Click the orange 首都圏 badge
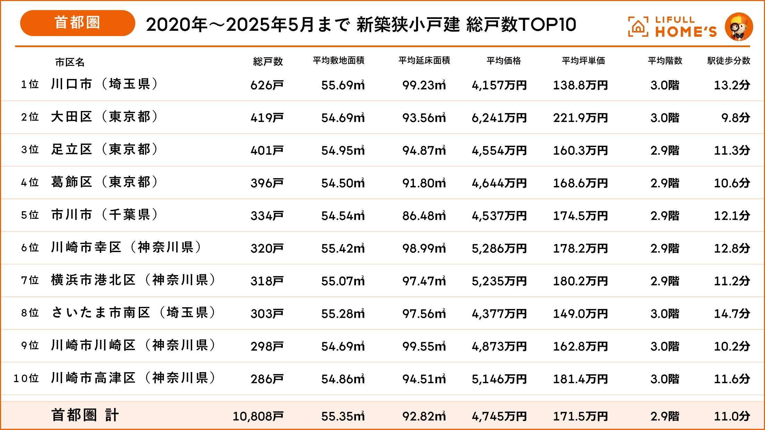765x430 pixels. coord(77,23)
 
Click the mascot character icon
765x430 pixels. coord(739,27)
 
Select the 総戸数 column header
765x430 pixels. coord(268,61)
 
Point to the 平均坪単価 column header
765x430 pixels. coord(583,61)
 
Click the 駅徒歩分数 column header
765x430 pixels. coord(729,61)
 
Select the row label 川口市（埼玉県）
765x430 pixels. coord(104,84)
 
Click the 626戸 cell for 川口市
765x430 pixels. coord(267,85)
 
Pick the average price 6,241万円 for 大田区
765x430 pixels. coord(499,118)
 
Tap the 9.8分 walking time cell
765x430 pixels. coord(736,118)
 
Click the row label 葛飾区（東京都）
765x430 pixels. coord(104,182)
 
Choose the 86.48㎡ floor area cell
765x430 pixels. coord(424,216)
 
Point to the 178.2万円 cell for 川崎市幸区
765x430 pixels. coord(580,248)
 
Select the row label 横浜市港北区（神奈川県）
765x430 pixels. coord(133,280)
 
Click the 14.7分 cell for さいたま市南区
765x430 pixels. coord(732,313)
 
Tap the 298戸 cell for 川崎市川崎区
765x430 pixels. coord(267,346)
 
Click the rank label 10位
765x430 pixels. coord(26,378)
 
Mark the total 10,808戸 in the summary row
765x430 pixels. coord(258,416)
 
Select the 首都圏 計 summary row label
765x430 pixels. coord(85,415)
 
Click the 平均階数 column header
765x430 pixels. coord(665,61)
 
